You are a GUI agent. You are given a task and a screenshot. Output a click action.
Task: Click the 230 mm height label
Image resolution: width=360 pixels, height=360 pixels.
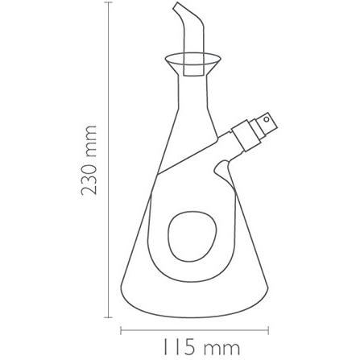click(x=89, y=160)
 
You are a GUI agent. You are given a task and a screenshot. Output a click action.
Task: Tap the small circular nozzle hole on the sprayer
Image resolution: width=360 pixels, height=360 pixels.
click(x=267, y=118)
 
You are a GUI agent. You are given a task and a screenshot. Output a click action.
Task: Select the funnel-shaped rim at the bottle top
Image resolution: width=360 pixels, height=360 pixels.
click(x=192, y=64)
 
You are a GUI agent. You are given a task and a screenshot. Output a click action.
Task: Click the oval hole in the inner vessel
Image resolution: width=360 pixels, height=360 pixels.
click(x=192, y=237)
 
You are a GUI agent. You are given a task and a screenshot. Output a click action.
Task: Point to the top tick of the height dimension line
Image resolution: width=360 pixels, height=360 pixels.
click(x=108, y=2)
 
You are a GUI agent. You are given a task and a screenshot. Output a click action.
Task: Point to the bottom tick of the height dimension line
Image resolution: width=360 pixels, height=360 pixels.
click(x=108, y=317)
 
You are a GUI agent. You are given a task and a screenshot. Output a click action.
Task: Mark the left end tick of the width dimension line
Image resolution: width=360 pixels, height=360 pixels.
click(x=121, y=330)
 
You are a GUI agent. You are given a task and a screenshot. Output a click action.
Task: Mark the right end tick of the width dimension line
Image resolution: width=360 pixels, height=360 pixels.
click(x=268, y=330)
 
